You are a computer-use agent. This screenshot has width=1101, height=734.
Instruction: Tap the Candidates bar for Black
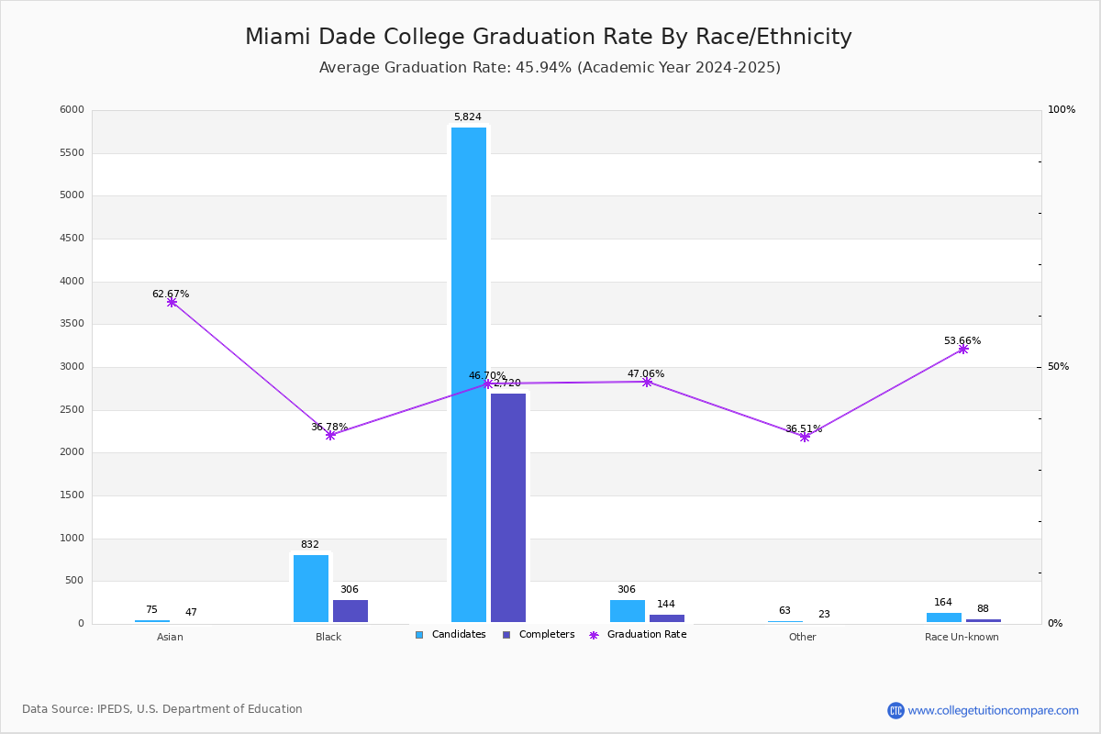[x=311, y=588]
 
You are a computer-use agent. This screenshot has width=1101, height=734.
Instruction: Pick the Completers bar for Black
[x=350, y=611]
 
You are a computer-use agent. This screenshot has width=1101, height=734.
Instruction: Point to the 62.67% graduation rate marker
[x=172, y=302]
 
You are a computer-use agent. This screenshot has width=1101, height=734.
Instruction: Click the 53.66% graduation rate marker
[x=963, y=349]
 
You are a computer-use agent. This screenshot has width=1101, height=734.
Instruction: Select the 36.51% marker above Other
[x=805, y=437]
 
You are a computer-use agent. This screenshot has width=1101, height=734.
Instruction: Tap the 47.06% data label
[x=646, y=373]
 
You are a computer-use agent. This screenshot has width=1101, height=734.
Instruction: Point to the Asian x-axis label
[x=170, y=637]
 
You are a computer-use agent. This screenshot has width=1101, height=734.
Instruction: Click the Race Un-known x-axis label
[x=962, y=637]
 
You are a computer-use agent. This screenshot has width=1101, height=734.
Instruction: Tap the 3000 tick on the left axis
[x=72, y=367]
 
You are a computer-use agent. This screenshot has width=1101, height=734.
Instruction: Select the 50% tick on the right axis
[x=1058, y=367]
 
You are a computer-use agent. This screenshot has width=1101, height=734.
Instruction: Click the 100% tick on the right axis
[x=1062, y=110]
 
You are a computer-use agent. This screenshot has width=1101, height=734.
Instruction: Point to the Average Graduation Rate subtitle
[x=550, y=68]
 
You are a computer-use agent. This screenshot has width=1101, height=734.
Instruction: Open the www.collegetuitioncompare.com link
[x=993, y=710]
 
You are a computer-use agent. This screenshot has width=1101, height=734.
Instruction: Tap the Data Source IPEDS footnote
[x=162, y=709]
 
